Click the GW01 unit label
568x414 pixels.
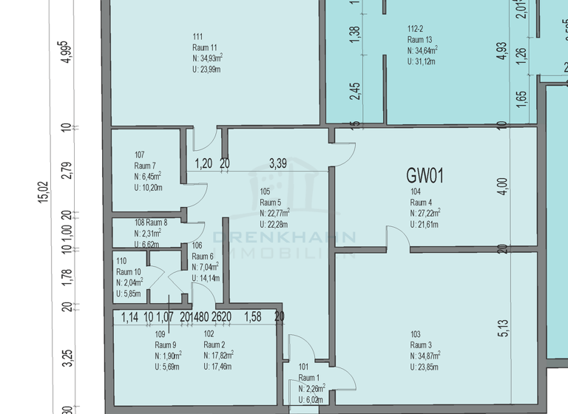coord(425,176)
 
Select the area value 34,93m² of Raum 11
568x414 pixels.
coord(208,58)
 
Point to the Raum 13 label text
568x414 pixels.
coord(419,40)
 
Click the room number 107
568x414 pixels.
coord(140,155)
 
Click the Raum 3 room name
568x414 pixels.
coord(421,345)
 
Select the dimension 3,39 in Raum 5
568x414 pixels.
coord(278,163)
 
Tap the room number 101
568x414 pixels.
coord(303,367)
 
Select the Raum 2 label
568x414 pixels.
coord(214,345)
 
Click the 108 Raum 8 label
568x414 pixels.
coord(151,223)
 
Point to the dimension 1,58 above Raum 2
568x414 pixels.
coord(252,318)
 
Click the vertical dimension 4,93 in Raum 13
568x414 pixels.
coord(502,50)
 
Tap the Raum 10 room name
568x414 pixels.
coord(129,272)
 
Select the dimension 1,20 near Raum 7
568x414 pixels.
coord(203,163)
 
